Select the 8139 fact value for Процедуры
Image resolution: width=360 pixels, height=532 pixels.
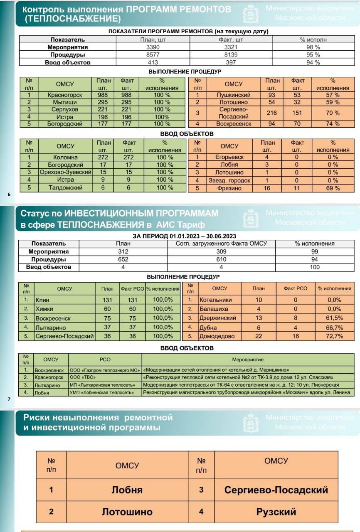(x=227, y=54)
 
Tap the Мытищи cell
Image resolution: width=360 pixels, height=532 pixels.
(x=65, y=102)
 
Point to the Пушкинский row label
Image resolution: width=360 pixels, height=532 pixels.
(x=233, y=95)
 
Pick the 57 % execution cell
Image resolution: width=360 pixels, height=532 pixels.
(x=333, y=95)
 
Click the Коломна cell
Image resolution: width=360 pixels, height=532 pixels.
(x=65, y=157)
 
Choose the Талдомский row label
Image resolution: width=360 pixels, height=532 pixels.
(x=65, y=187)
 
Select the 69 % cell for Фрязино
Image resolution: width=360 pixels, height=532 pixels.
(x=333, y=188)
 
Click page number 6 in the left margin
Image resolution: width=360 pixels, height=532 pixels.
(x=9, y=194)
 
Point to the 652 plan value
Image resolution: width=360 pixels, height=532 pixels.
(x=123, y=259)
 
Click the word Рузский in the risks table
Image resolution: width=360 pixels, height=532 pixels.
(x=276, y=511)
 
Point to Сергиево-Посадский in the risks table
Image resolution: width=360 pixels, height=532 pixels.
(x=276, y=490)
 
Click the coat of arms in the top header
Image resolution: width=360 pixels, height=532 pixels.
(x=250, y=13)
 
